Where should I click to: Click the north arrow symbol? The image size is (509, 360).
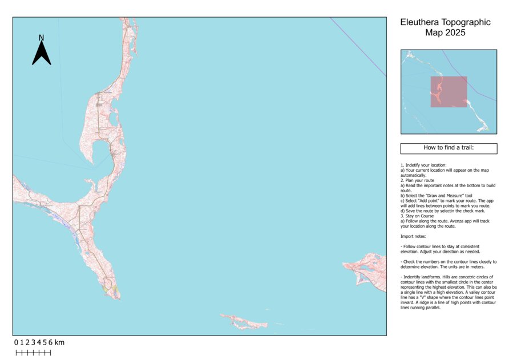point(41,53)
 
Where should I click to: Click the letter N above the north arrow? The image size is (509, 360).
point(41,38)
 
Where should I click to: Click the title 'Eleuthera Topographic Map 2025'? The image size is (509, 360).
point(445,27)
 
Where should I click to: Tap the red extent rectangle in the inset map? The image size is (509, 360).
point(449,92)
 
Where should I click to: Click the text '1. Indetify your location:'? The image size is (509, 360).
point(423,165)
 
